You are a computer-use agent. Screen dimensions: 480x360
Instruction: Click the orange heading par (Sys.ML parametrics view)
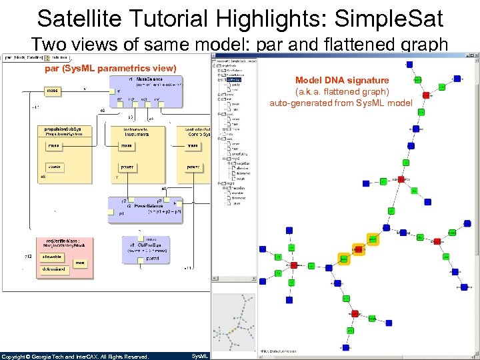pyautogui.click(x=111, y=69)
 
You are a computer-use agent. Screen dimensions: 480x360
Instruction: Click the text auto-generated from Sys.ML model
pyautogui.click(x=341, y=103)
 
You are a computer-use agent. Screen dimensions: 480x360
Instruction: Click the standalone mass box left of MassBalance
pyautogui.click(x=53, y=90)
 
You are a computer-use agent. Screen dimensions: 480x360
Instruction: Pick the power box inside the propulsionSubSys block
pyautogui.click(x=54, y=167)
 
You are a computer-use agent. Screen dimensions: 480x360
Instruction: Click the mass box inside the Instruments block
pyautogui.click(x=127, y=145)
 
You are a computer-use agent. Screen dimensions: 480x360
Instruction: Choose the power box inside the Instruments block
pyautogui.click(x=127, y=167)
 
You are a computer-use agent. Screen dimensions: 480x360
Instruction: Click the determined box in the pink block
pyautogui.click(x=54, y=269)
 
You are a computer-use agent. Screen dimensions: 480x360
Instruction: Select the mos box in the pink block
pyautogui.click(x=80, y=263)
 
